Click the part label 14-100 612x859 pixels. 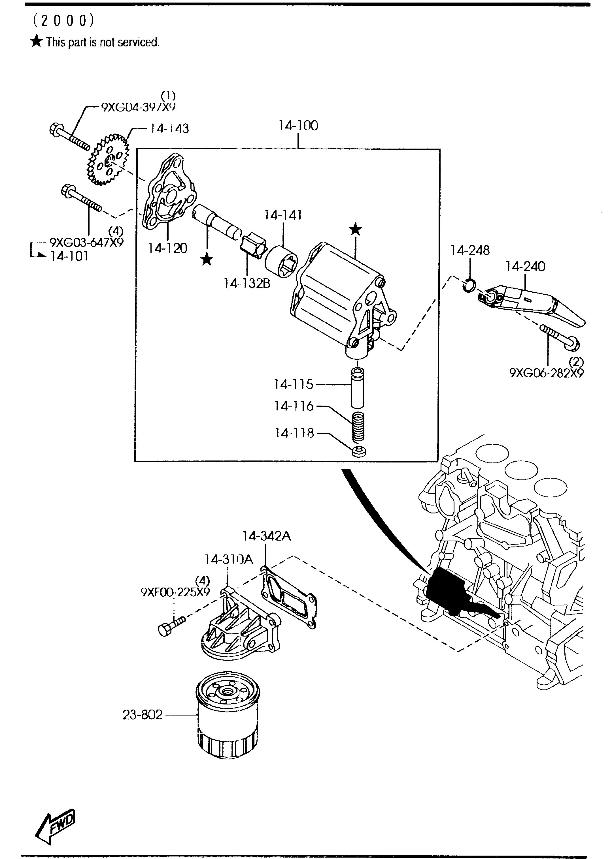(298, 125)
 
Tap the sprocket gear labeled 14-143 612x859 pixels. (108, 160)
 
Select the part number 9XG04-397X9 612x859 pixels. (138, 107)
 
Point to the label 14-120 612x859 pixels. (168, 248)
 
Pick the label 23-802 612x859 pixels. (143, 714)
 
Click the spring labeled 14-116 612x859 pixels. (358, 427)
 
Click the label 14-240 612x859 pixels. (525, 267)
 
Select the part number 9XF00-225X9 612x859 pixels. (175, 592)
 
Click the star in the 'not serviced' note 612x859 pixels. (37, 41)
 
